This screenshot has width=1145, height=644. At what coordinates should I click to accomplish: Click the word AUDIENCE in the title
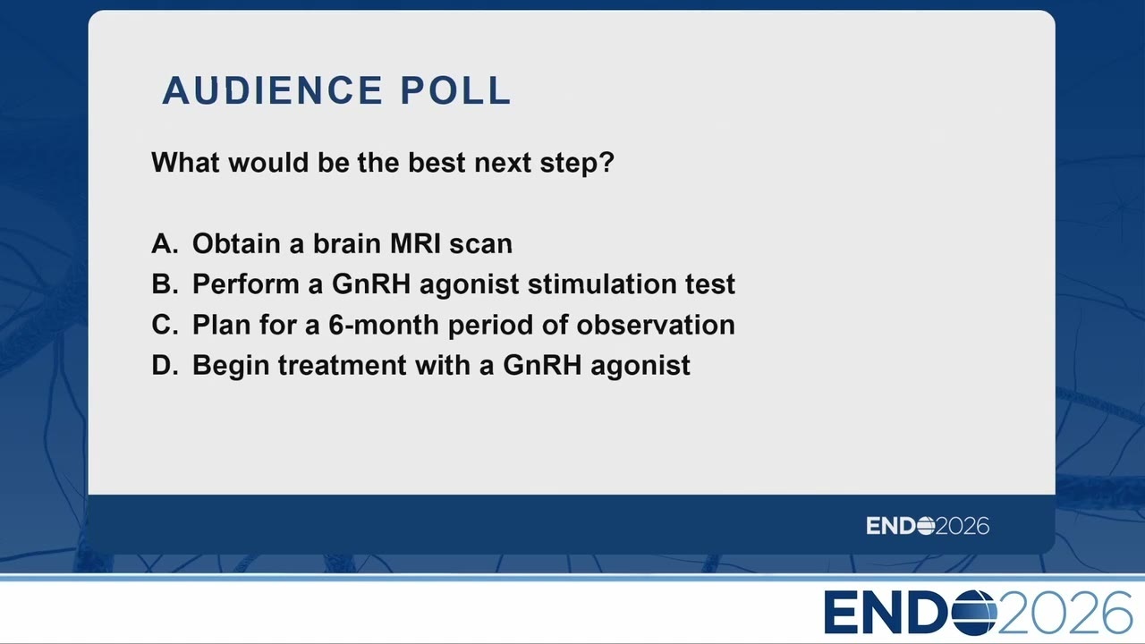(x=273, y=90)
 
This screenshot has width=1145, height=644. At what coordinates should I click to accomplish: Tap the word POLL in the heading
(x=455, y=90)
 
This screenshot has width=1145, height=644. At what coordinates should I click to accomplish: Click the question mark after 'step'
(x=606, y=162)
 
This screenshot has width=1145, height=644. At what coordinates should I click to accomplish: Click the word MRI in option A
(x=415, y=243)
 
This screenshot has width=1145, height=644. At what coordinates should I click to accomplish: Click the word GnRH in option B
(x=371, y=284)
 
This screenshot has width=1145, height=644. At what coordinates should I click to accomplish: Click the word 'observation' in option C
(x=656, y=325)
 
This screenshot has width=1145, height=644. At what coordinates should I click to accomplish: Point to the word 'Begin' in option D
(x=231, y=366)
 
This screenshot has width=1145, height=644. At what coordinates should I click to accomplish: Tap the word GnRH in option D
(x=542, y=365)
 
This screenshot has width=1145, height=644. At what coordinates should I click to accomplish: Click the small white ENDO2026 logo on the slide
(x=928, y=526)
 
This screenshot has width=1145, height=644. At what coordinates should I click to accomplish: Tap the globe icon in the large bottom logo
(x=974, y=613)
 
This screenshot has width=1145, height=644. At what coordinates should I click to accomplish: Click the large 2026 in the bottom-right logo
(x=1064, y=613)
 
